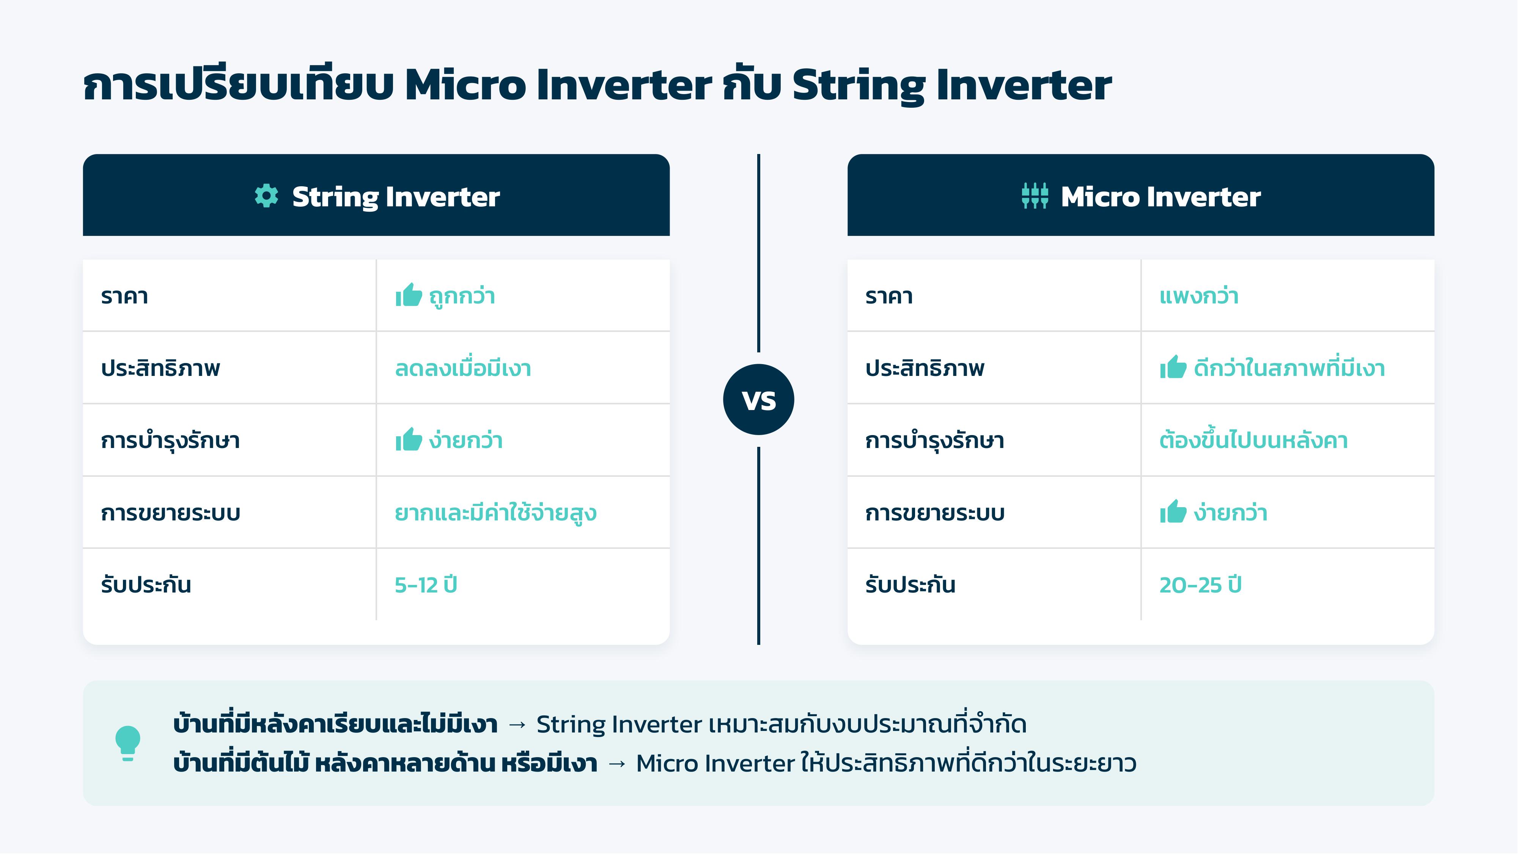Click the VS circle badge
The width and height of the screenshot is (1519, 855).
coord(759,400)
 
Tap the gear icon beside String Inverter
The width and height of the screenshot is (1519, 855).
coord(267,196)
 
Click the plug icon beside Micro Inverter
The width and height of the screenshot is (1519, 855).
coord(1035,196)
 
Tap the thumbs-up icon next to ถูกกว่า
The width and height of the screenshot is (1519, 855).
coord(409,295)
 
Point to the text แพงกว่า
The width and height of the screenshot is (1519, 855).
coord(1199,296)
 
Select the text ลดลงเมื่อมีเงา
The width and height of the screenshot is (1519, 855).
coord(463,368)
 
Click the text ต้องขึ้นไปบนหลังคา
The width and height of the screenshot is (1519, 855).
coord(1254,440)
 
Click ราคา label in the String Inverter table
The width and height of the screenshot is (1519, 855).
coord(124,296)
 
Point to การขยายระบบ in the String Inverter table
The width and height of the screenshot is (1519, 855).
coord(170,512)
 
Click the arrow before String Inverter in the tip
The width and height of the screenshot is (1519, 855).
coord(517,725)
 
